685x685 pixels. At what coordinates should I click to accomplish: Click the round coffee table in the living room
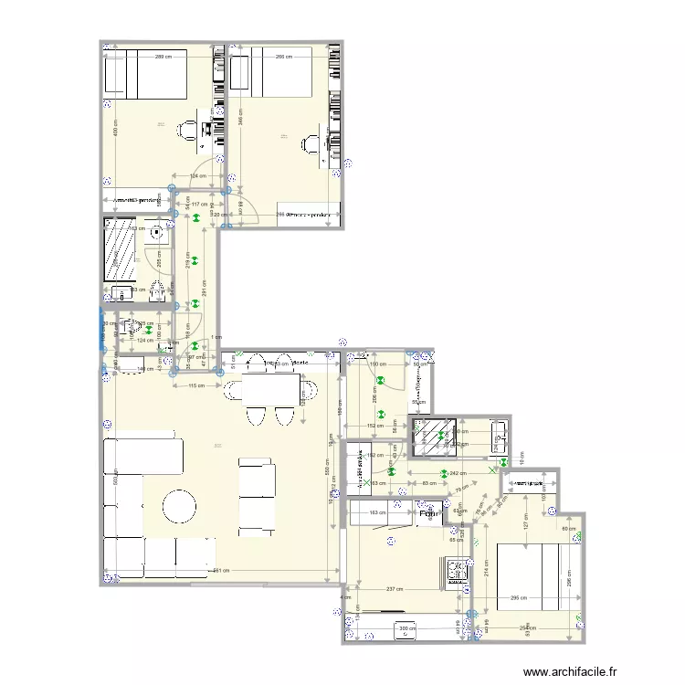[180, 504]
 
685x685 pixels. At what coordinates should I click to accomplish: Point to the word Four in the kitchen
[429, 513]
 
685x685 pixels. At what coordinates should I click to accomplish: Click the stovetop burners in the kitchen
[456, 572]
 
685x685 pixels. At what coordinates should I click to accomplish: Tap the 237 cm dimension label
[396, 589]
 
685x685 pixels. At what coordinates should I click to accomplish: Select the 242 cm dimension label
[458, 473]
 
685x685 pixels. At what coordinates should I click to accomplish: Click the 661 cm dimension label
[220, 572]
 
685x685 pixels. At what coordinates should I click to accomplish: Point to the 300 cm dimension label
[403, 628]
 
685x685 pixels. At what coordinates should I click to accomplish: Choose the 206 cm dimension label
[374, 395]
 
